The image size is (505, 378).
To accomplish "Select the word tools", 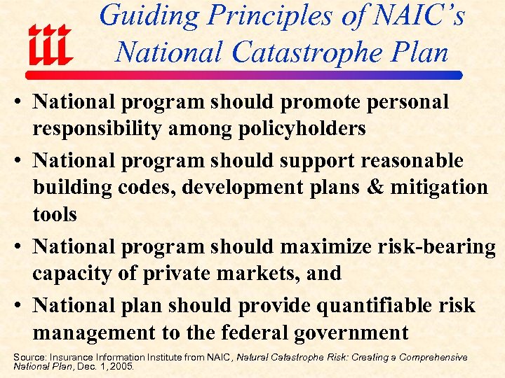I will pos(55,214).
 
